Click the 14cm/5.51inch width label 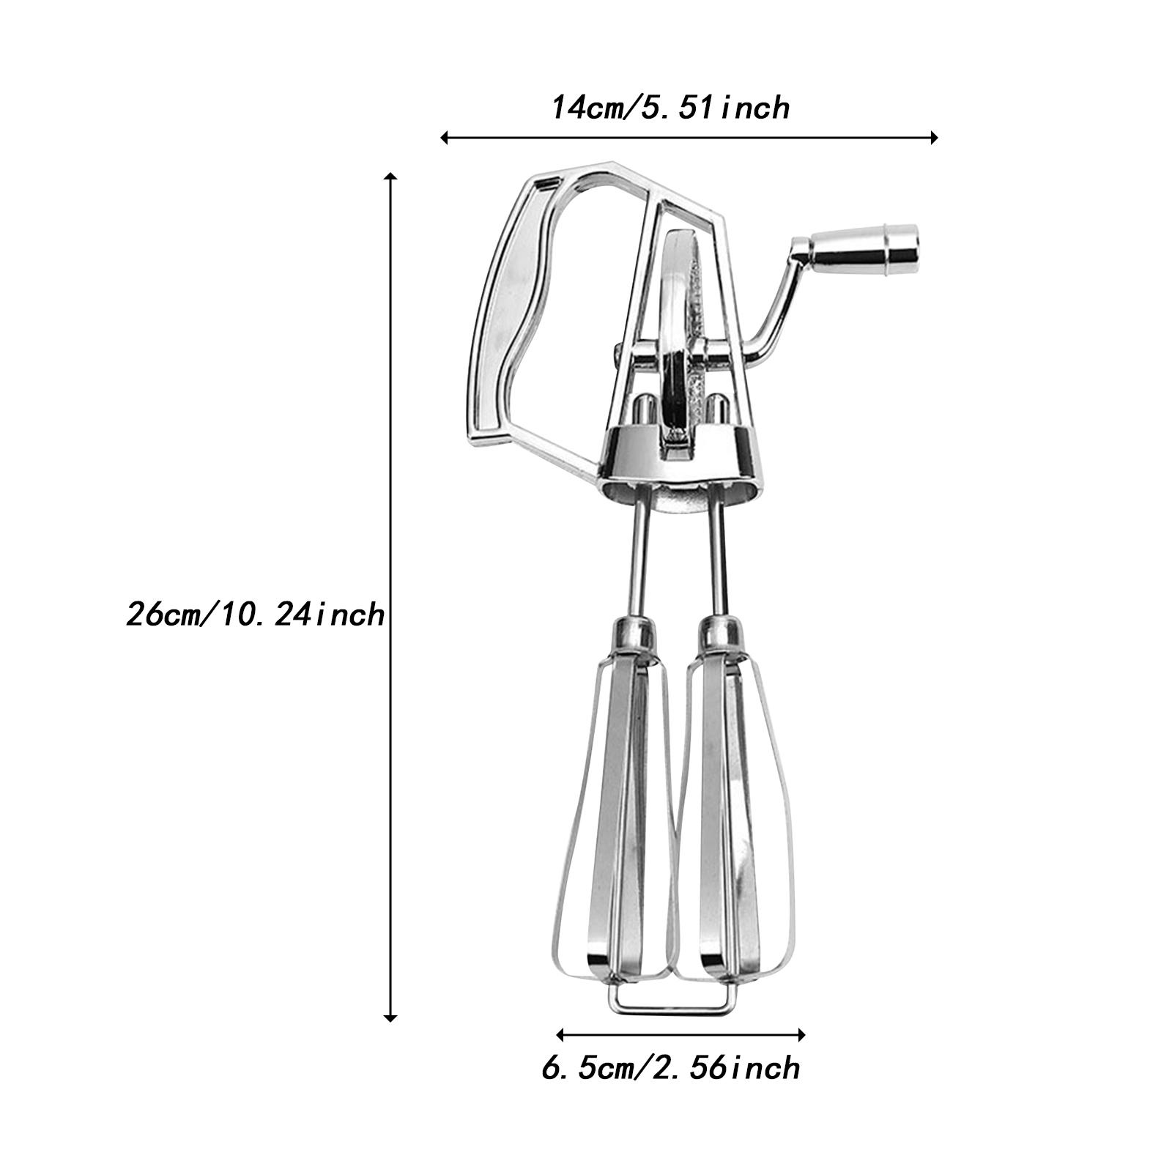670,108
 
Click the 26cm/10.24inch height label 255,614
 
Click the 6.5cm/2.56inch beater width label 670,1067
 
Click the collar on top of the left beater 634,633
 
